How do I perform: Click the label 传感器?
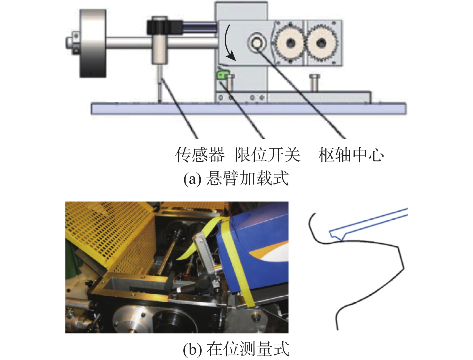[x=200, y=155]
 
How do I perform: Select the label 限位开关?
[x=267, y=155]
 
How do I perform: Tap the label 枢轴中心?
[x=351, y=155]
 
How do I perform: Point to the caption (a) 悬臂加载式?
[x=236, y=178]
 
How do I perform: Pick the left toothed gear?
[x=290, y=42]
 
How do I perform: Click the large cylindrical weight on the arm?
[x=93, y=43]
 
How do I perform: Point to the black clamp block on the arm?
[x=164, y=27]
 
